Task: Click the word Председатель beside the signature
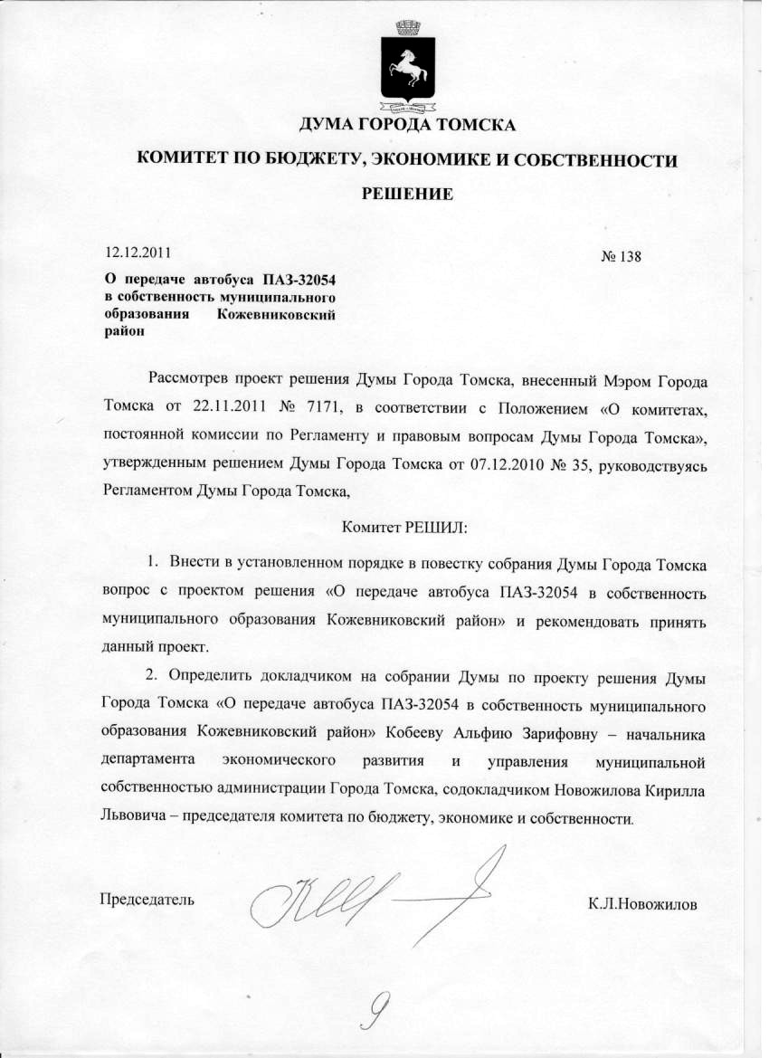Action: pyautogui.click(x=146, y=899)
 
